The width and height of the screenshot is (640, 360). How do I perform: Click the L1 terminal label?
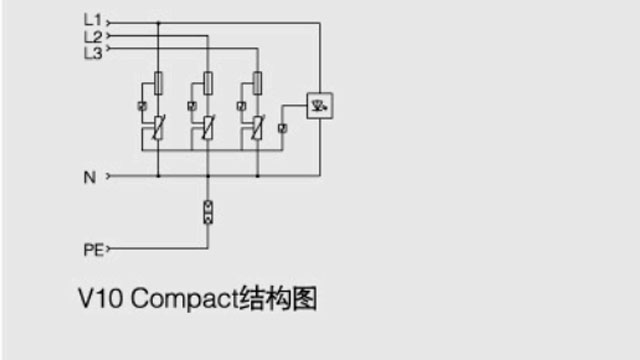pos(92,19)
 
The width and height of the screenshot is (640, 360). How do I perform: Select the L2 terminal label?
pos(92,36)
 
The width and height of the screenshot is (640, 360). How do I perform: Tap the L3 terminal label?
pos(92,53)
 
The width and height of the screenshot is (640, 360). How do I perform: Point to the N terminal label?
pos(89,178)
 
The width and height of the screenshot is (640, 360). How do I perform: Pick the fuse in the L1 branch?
pos(159,82)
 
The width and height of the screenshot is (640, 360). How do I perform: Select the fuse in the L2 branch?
pos(208,82)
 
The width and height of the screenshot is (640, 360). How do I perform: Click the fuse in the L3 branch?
pos(257,82)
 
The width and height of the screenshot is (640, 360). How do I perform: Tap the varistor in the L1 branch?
pos(159,128)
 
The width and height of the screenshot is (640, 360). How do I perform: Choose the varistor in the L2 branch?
pos(208,128)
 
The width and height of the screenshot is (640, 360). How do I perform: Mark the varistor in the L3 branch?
pos(257,128)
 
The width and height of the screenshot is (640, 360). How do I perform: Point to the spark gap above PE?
pos(208,212)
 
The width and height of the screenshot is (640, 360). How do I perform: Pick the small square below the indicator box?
pos(283,129)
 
